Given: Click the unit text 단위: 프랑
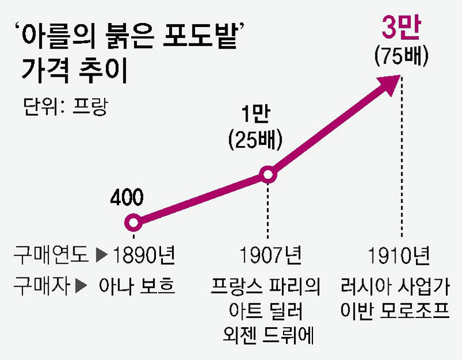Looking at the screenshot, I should [65, 107].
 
